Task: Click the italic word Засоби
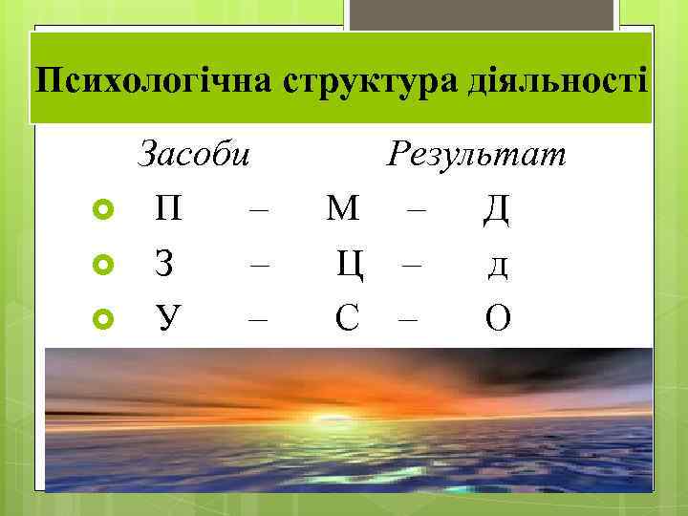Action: [195, 153]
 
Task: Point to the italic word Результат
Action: [477, 153]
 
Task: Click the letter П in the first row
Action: [168, 208]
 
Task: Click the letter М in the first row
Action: [342, 208]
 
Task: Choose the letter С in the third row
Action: [347, 317]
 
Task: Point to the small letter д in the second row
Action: [497, 266]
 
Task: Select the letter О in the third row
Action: [497, 317]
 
